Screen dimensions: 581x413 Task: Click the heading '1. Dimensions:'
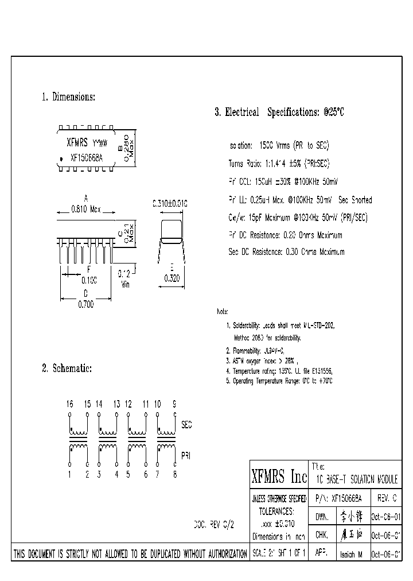pos(68,97)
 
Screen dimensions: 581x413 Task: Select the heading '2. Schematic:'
pos(67,368)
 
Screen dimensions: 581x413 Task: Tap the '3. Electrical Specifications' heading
pos(279,113)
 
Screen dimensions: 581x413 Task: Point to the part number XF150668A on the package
pos(87,157)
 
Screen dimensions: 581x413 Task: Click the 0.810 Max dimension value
pos(85,210)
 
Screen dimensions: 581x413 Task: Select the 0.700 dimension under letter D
pos(85,305)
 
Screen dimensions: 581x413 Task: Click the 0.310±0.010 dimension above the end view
pos(170,203)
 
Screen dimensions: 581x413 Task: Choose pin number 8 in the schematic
pos(175,474)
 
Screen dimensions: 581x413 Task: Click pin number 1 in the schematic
pos(69,474)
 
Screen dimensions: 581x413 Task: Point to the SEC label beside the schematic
pos(186,425)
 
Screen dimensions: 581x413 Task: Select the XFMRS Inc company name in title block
pos(279,476)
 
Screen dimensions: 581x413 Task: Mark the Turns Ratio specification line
pos(279,164)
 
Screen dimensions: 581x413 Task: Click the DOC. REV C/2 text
pos(214,524)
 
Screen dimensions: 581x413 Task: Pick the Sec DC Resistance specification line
pos(286,251)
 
